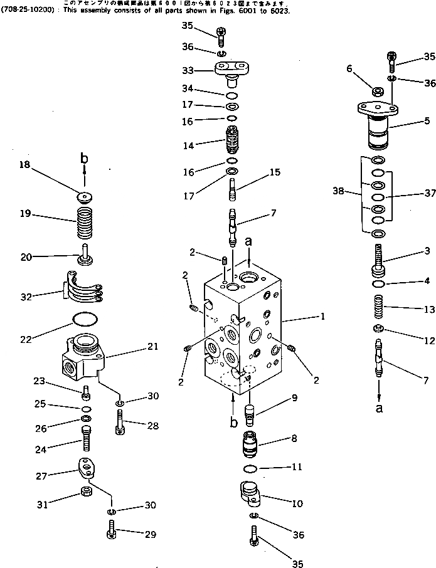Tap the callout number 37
click(x=430, y=194)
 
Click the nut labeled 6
click(x=379, y=92)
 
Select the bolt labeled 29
click(x=110, y=535)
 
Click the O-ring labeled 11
click(x=250, y=469)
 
